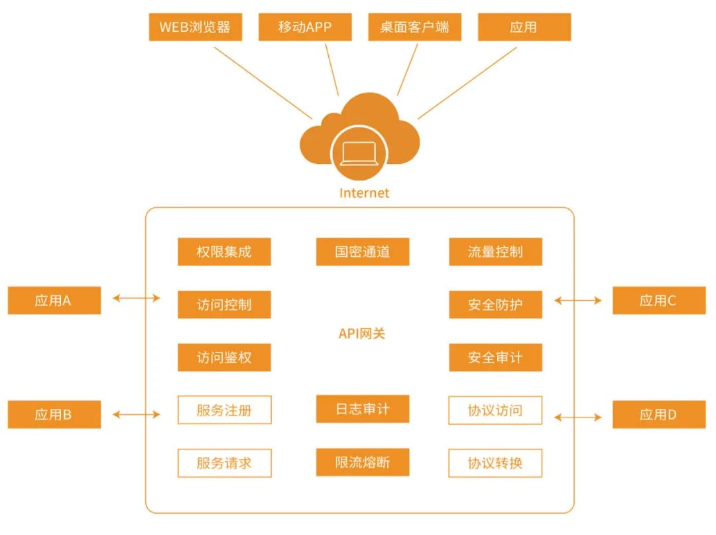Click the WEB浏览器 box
pyautogui.click(x=195, y=27)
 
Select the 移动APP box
pyautogui.click(x=305, y=27)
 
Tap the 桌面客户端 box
pyautogui.click(x=414, y=27)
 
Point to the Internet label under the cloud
pyautogui.click(x=364, y=193)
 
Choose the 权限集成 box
pyautogui.click(x=224, y=252)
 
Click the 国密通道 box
pyautogui.click(x=363, y=252)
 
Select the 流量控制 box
pyautogui.click(x=495, y=252)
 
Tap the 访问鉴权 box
pyautogui.click(x=224, y=357)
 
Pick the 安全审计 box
pyautogui.click(x=495, y=357)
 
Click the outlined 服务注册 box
pyautogui.click(x=224, y=410)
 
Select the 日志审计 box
pyautogui.click(x=363, y=409)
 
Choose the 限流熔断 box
pyautogui.click(x=363, y=463)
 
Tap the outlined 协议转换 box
pyautogui.click(x=495, y=463)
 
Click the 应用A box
pyautogui.click(x=54, y=300)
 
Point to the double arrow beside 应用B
pyautogui.click(x=137, y=414)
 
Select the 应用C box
pyautogui.click(x=658, y=300)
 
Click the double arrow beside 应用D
pyautogui.click(x=578, y=418)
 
